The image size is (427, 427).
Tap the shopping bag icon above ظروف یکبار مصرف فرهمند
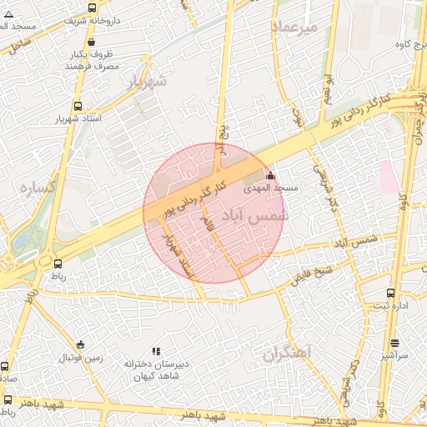91,42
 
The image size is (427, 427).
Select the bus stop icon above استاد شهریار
78,106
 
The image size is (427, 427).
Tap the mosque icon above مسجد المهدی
269,176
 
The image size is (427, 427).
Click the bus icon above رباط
58,263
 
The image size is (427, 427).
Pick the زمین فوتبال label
80,359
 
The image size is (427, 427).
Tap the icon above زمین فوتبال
80,344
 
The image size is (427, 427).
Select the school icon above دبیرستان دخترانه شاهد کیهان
155,351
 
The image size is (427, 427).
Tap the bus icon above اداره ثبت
391,293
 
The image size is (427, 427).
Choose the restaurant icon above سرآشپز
394,343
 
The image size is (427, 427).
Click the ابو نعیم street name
332,85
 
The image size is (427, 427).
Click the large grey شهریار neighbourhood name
147,82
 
